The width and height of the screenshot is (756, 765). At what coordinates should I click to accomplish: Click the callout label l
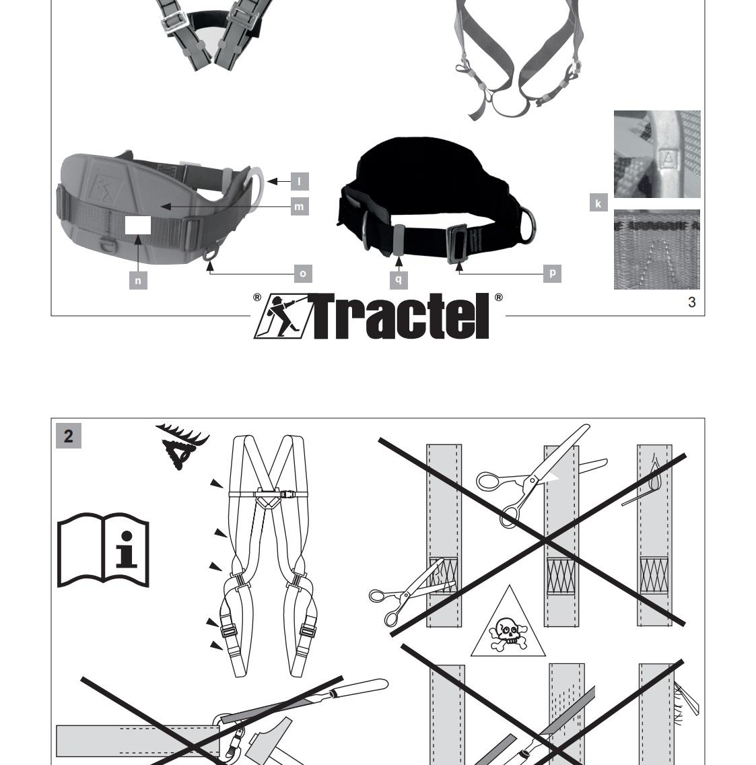pyautogui.click(x=300, y=181)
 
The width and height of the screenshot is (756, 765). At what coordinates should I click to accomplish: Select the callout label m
pyautogui.click(x=300, y=207)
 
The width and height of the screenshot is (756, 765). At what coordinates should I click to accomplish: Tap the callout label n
pyautogui.click(x=138, y=280)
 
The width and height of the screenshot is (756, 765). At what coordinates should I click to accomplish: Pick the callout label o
pyautogui.click(x=303, y=273)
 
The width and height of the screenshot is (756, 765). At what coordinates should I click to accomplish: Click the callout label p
pyautogui.click(x=552, y=273)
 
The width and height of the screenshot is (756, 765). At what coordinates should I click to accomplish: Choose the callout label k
pyautogui.click(x=598, y=203)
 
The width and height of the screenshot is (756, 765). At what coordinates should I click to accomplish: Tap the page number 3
pyautogui.click(x=691, y=302)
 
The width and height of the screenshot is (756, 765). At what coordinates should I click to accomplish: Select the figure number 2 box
pyautogui.click(x=69, y=436)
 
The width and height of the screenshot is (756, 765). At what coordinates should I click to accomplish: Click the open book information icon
pyautogui.click(x=103, y=550)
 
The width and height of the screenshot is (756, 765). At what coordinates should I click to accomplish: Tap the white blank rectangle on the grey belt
pyautogui.click(x=138, y=226)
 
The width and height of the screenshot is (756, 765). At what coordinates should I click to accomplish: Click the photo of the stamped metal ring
pyautogui.click(x=657, y=154)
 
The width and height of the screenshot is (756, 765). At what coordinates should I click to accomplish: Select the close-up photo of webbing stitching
pyautogui.click(x=656, y=249)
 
